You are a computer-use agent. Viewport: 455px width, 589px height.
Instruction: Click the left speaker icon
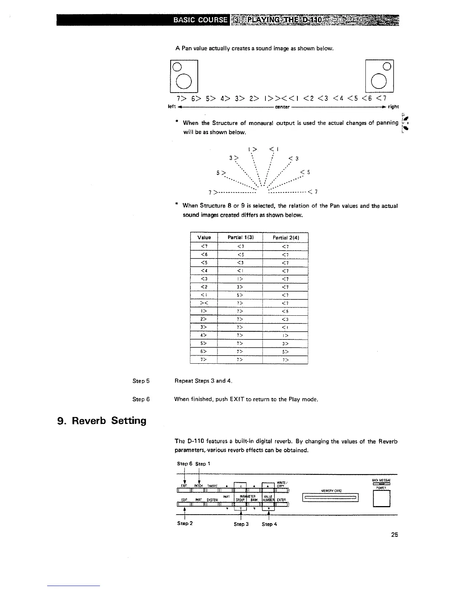184,76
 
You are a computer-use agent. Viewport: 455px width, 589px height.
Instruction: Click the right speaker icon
380,76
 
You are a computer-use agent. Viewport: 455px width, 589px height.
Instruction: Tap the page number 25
394,535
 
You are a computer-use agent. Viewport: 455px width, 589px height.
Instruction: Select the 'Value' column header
204,238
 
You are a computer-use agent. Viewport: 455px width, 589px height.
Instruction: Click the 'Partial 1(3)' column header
240,238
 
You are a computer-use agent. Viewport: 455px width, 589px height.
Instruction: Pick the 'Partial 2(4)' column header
285,238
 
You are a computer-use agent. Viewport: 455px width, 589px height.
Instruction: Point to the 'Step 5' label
141,381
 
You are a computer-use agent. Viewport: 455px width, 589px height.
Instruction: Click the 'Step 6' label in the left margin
141,399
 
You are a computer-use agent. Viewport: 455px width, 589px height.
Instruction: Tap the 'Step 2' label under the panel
185,523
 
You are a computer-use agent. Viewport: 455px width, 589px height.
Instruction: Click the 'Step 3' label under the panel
241,524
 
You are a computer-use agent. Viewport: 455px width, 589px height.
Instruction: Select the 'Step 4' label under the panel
269,524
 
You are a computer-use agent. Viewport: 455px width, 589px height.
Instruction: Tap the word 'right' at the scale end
393,107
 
